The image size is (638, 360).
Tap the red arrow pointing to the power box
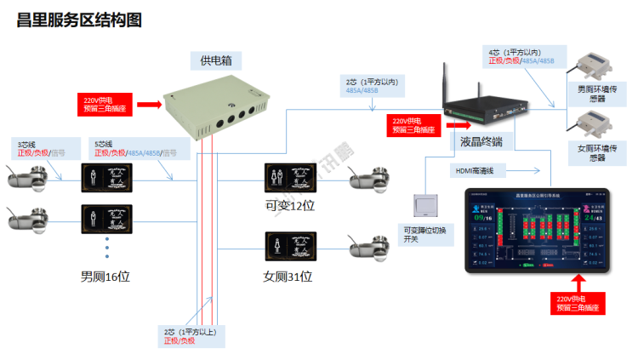pyautogui.click(x=148, y=105)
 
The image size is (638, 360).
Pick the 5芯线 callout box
pyautogui.click(x=132, y=149)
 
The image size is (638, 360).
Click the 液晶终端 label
pyautogui.click(x=481, y=142)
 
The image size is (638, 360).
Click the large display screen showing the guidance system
pyautogui.click(x=537, y=231)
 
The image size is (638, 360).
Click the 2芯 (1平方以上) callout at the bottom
pyautogui.click(x=191, y=335)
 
